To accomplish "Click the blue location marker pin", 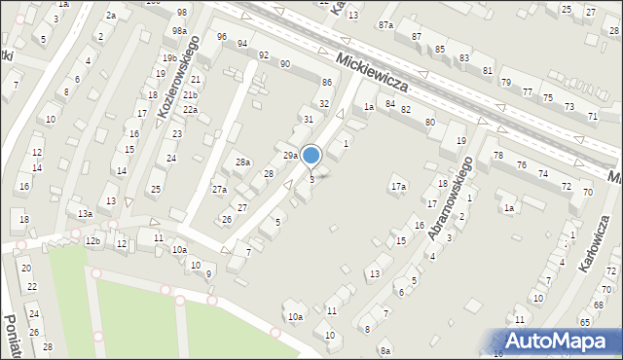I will coord(311,155).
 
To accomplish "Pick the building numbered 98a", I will coord(180,31).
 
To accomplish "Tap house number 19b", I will coord(169,58).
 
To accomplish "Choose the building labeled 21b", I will coord(191,94).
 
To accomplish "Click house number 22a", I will coord(192,110).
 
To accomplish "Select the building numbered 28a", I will coord(242,162).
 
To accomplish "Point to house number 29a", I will coord(290,155).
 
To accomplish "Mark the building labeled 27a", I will coord(219,189).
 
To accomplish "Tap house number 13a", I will coord(86,213).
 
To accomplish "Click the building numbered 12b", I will coord(92,240).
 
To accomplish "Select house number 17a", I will coord(398,186).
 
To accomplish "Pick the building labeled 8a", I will coord(385,350).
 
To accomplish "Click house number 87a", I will coord(385,23).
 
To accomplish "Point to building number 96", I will coord(222,37).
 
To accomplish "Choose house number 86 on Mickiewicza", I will coord(327,83).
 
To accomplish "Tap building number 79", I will coord(506,82).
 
